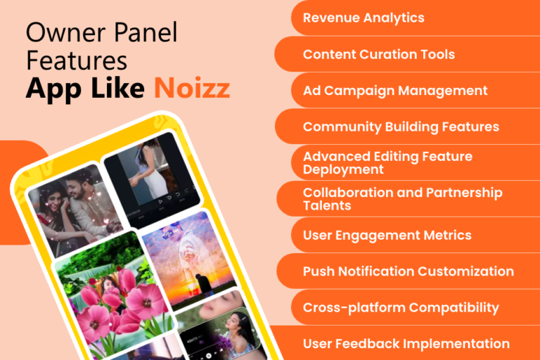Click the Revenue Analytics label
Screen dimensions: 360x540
(364, 18)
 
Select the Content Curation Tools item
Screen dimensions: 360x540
(378, 54)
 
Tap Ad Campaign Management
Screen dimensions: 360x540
(395, 91)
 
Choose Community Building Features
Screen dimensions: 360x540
(401, 127)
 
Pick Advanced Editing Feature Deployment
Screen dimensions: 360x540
(387, 163)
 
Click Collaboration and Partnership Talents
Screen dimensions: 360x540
(402, 199)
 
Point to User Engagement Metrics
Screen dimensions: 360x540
(387, 236)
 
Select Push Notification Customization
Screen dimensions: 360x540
(408, 271)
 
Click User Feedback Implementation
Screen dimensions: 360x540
(406, 344)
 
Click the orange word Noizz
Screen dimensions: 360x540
(192, 89)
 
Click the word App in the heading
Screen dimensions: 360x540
(50, 90)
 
